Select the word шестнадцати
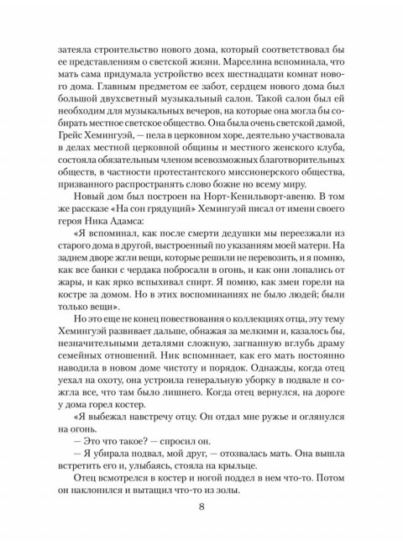(256, 91)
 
